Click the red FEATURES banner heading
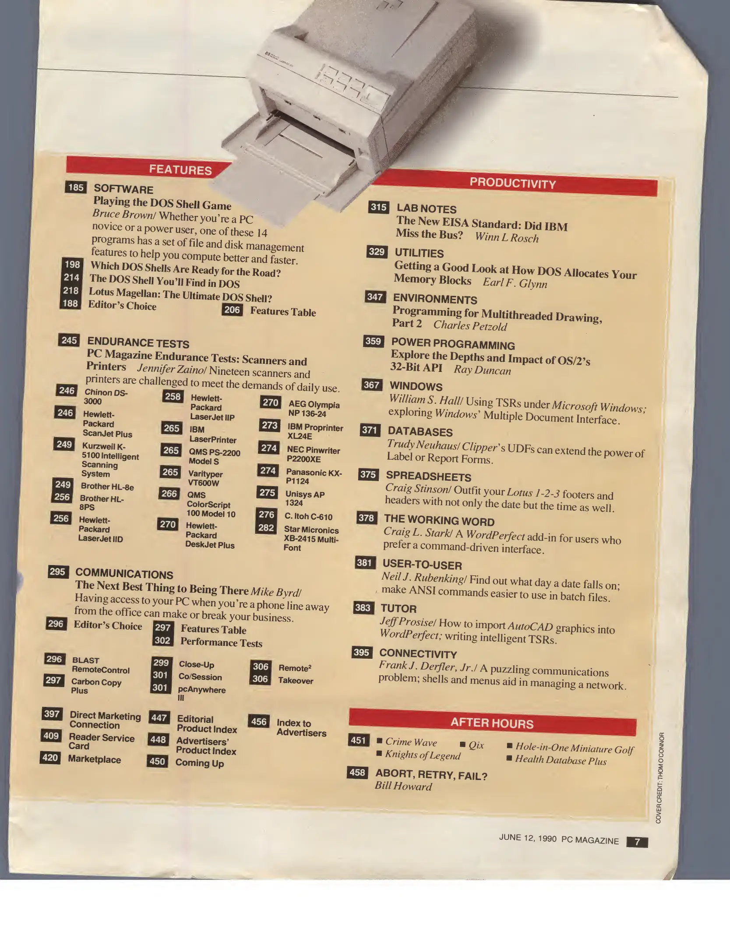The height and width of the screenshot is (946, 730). coord(180,169)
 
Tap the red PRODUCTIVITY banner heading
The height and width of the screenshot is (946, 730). coord(513,184)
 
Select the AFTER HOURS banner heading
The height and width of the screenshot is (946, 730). coord(492,723)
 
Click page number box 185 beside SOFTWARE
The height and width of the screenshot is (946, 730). coord(76,187)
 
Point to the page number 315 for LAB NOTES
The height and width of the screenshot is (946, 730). coord(379,207)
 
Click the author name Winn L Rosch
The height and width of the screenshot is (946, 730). coord(507,237)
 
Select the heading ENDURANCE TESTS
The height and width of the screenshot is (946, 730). coord(138,342)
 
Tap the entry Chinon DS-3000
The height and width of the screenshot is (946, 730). coord(106,397)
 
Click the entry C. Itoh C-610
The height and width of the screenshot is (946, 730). coord(308,516)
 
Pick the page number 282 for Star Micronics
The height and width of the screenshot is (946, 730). coord(266,528)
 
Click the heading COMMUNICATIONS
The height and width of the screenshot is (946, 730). coord(124,574)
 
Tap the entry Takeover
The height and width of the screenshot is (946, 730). coord(296,681)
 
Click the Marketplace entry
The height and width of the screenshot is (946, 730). coord(94,759)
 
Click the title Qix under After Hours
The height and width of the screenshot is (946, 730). coord(476,745)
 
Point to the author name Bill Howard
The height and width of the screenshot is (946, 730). coord(403,786)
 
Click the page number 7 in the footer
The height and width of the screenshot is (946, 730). coord(637,842)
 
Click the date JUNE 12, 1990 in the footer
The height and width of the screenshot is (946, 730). coord(528,838)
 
